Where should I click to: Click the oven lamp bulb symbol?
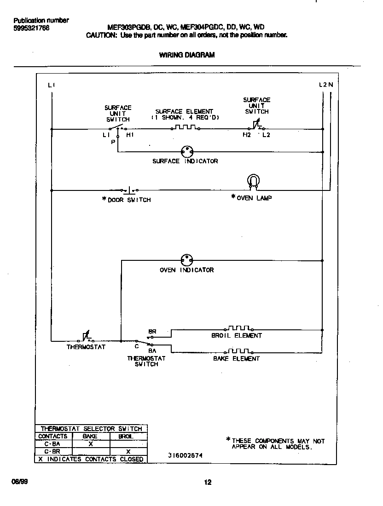pyautogui.click(x=253, y=180)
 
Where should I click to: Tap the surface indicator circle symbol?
pyautogui.click(x=186, y=151)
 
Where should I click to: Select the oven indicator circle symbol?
pyautogui.click(x=186, y=260)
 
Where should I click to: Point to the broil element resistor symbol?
pyautogui.click(x=238, y=328)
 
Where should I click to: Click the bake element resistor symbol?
pyautogui.click(x=238, y=351)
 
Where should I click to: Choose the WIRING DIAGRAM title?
pyautogui.click(x=187, y=55)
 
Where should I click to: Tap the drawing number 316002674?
pyautogui.click(x=185, y=455)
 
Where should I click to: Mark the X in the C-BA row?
pyautogui.click(x=91, y=444)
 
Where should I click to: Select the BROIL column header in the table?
pyautogui.click(x=126, y=436)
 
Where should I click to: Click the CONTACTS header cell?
pyautogui.click(x=52, y=436)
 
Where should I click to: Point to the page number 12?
pyautogui.click(x=208, y=482)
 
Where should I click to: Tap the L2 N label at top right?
pyautogui.click(x=325, y=85)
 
